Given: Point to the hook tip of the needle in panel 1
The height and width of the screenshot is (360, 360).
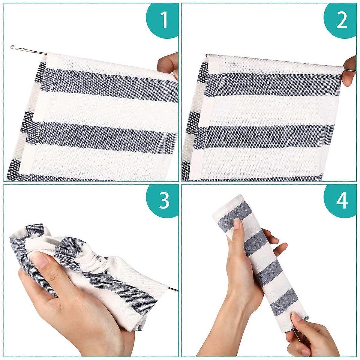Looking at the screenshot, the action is [12, 47].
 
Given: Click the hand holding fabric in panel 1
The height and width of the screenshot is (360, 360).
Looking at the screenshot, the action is [168, 67].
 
